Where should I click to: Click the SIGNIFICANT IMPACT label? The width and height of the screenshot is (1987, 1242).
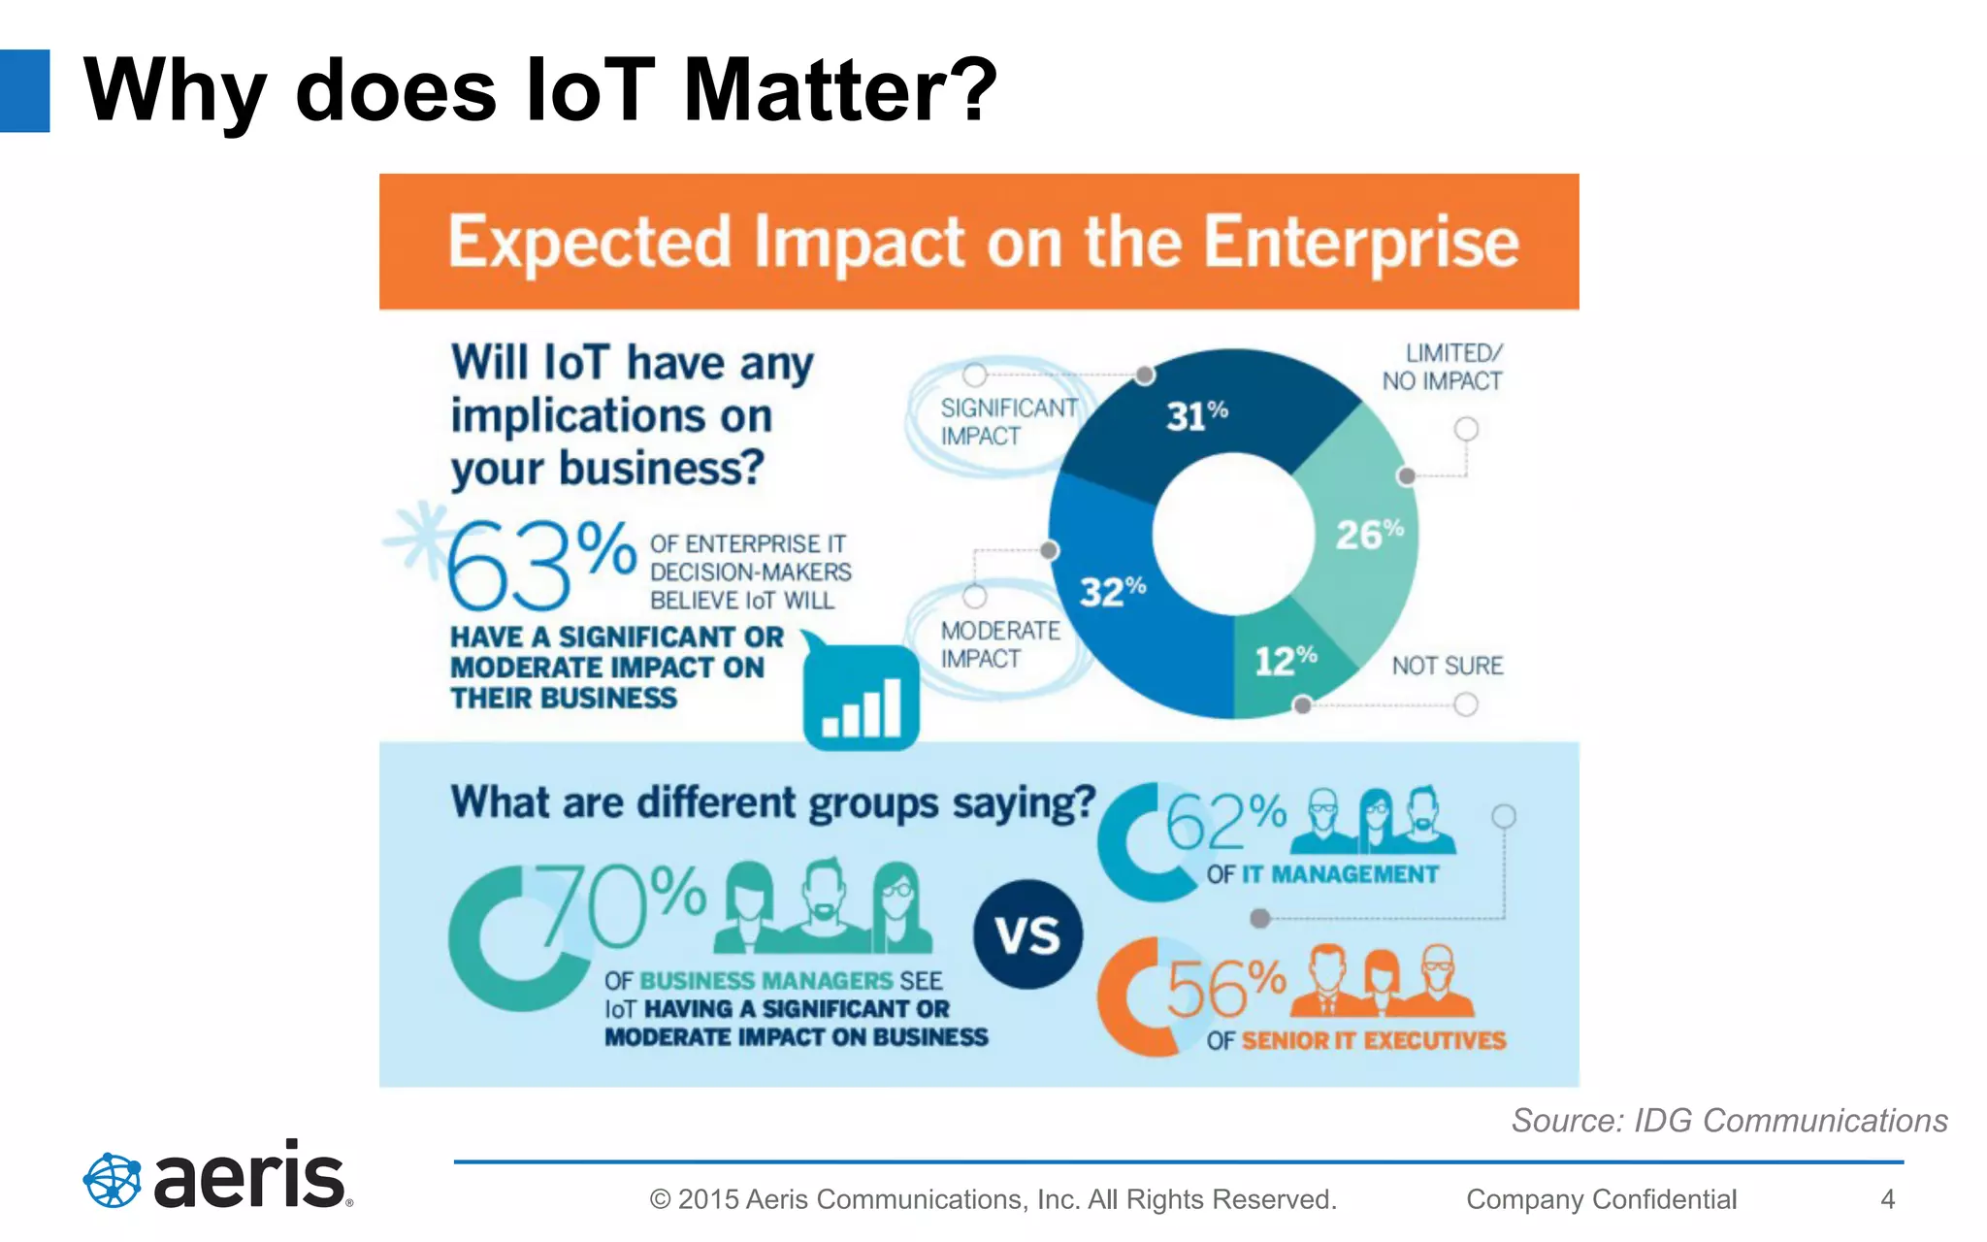1007,422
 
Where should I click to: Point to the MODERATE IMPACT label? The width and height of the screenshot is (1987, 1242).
999,644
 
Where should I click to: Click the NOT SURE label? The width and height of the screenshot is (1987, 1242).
1447,666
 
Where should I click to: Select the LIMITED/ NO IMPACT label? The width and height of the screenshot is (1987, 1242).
1443,367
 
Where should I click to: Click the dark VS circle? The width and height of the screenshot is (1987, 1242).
1027,934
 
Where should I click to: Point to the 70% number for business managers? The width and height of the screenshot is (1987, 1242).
621,906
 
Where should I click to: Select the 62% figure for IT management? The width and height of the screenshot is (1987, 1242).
1224,821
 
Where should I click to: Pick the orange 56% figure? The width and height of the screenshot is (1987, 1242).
1224,988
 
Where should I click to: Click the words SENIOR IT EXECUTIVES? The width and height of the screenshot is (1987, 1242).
1373,1040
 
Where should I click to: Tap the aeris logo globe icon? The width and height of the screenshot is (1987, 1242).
113,1180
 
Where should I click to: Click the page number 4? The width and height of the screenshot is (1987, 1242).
1887,1199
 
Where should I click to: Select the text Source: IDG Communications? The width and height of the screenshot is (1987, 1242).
1729,1121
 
